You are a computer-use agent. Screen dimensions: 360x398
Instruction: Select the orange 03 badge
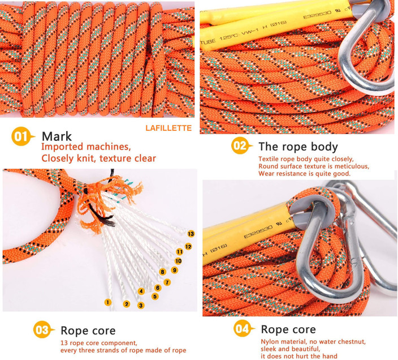pyautogui.click(x=42, y=330)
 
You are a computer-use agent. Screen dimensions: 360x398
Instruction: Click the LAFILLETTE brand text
pyautogui.click(x=168, y=128)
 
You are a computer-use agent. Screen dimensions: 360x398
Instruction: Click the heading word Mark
pyautogui.click(x=56, y=136)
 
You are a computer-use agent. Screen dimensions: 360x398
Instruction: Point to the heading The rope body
pyautogui.click(x=298, y=147)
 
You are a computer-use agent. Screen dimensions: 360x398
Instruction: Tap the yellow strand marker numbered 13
pyautogui.click(x=191, y=233)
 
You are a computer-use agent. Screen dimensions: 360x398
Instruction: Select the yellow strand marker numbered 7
pyautogui.click(x=167, y=282)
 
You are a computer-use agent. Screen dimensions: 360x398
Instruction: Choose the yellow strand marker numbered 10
pyautogui.click(x=178, y=261)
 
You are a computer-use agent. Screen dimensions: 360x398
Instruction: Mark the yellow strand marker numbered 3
pyautogui.click(x=141, y=305)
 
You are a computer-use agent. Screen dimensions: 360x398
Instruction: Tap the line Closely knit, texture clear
pyautogui.click(x=98, y=158)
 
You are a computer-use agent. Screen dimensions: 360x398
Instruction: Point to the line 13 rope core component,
pyautogui.click(x=99, y=343)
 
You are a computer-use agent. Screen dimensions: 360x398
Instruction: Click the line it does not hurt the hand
pyautogui.click(x=299, y=356)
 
